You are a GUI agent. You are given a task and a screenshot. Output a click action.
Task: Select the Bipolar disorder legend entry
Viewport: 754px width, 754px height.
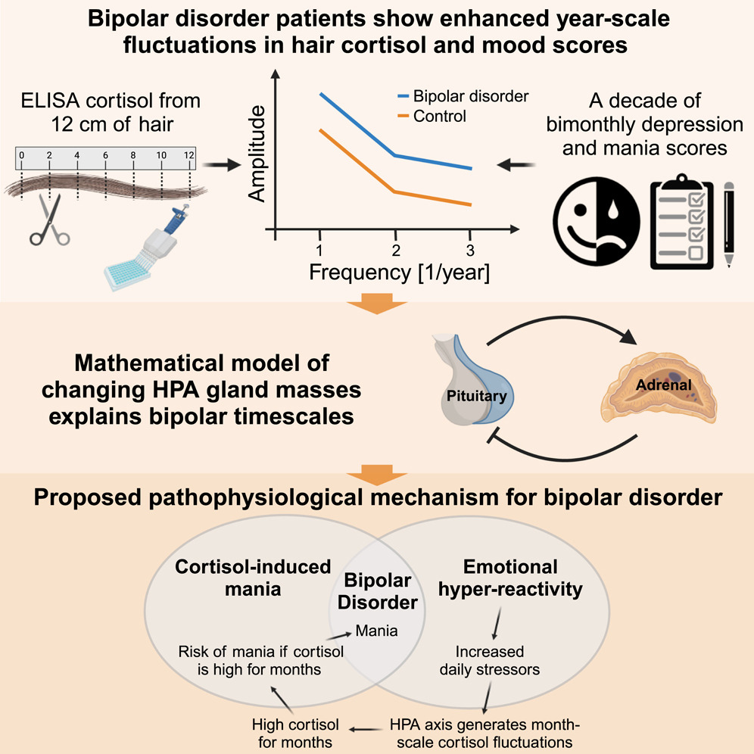click(461, 96)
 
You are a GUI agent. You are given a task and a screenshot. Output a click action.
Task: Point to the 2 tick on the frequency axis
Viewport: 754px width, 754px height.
click(394, 249)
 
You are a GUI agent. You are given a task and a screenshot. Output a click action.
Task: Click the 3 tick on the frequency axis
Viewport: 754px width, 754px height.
click(469, 249)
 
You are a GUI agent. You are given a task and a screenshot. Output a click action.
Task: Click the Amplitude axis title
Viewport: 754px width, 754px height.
click(257, 154)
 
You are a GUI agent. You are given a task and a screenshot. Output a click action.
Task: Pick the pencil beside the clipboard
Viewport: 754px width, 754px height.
click(729, 223)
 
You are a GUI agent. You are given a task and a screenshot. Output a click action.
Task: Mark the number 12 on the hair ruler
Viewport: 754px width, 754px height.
click(188, 155)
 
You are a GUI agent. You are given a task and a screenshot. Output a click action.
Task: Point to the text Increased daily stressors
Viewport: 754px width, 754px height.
click(489, 659)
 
